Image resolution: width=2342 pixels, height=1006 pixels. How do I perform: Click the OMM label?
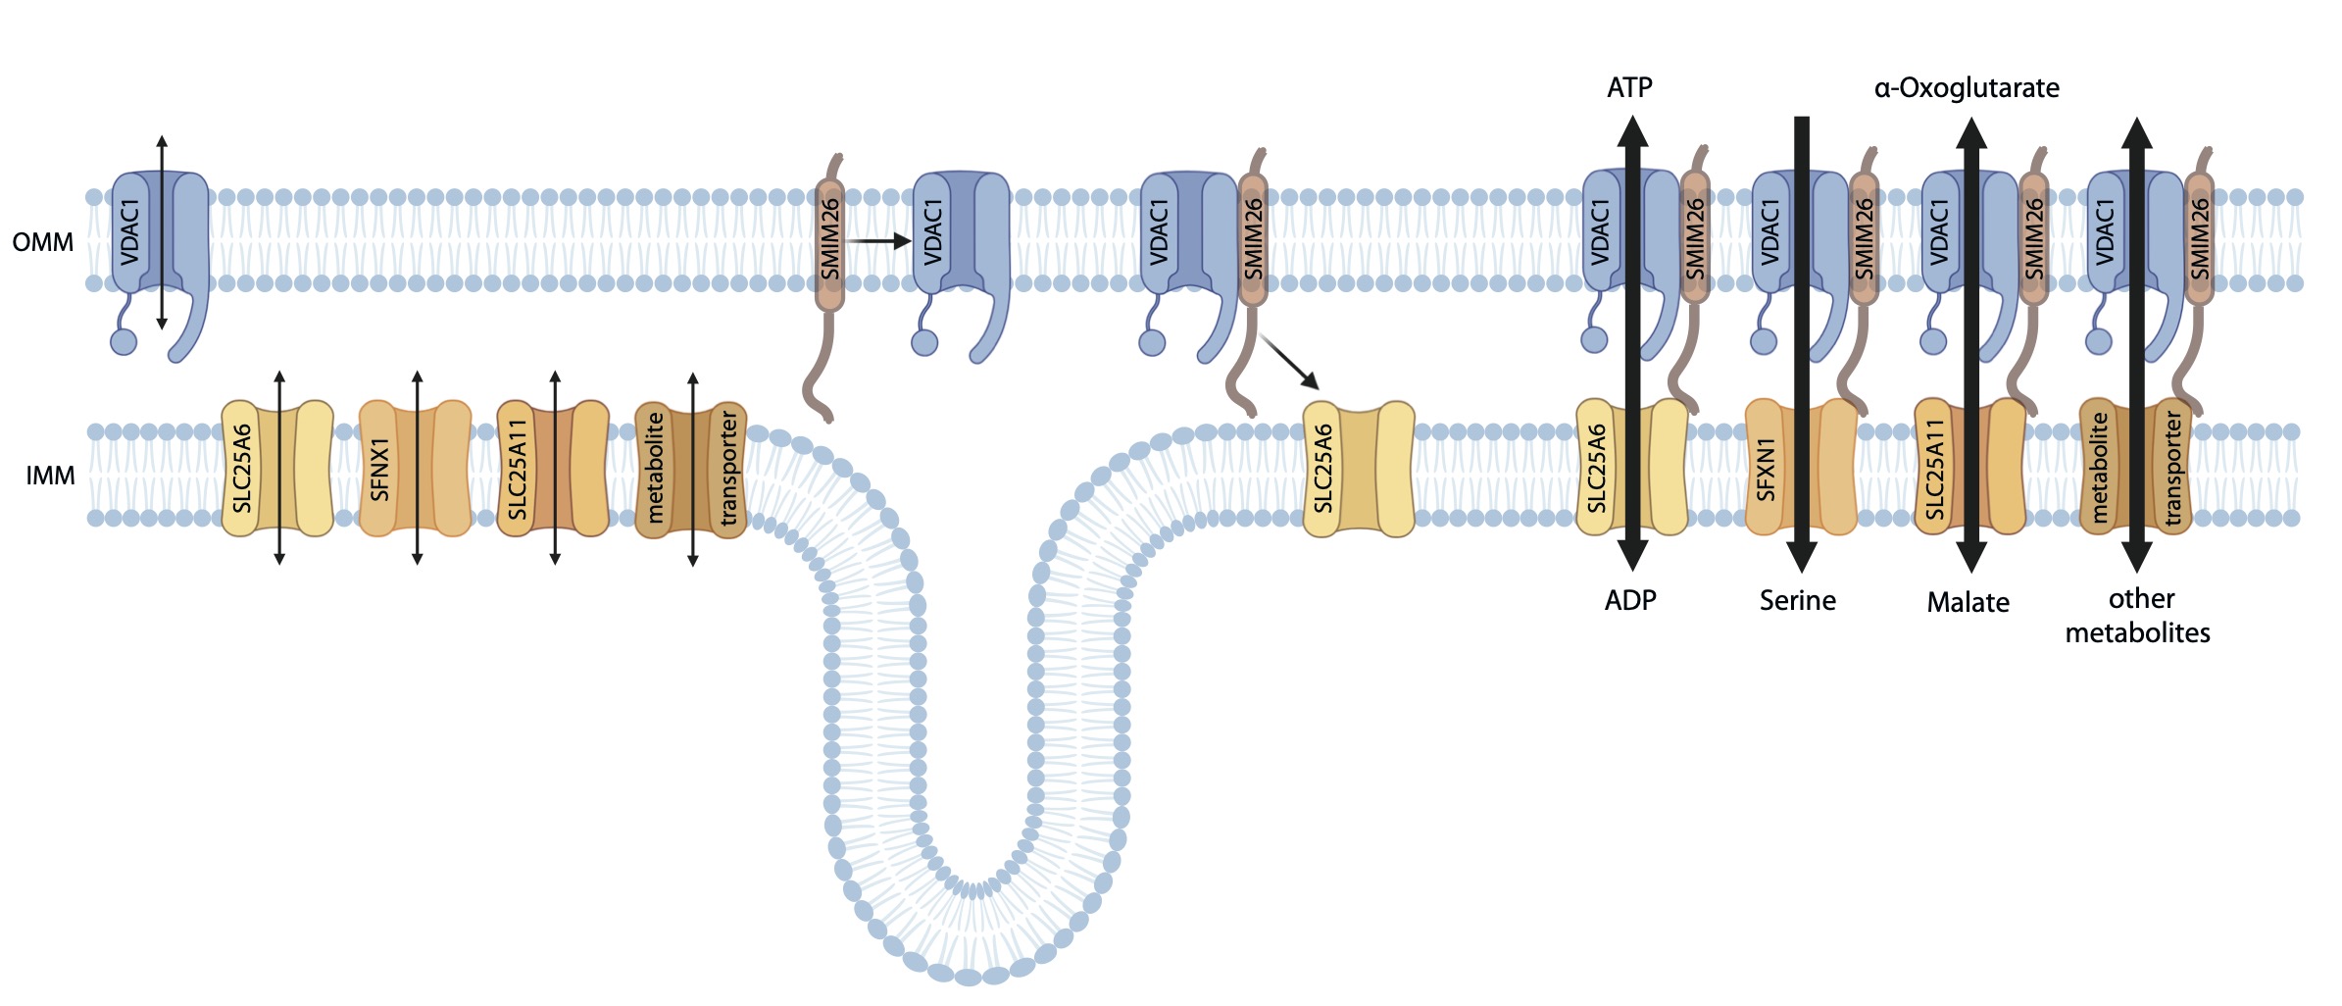click(43, 242)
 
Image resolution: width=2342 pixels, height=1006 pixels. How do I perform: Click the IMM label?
click(50, 477)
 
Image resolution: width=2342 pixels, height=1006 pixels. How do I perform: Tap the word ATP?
click(1629, 88)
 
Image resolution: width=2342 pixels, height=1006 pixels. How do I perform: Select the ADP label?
click(1630, 600)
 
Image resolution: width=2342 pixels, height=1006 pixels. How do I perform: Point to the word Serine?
click(1798, 600)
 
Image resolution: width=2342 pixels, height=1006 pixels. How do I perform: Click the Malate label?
click(1968, 602)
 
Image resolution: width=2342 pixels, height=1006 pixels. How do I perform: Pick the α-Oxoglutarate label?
click(1967, 88)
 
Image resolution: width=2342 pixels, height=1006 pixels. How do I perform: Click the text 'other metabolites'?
click(2138, 616)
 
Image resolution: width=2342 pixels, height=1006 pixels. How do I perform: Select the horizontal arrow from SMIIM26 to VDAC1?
click(878, 240)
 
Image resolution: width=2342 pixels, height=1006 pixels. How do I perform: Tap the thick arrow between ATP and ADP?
click(1632, 343)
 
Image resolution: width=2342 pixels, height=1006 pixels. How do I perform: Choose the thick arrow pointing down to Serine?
click(1802, 344)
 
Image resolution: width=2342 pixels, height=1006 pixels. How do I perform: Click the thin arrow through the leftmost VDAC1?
click(162, 233)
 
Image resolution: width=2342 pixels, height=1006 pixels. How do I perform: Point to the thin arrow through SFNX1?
click(417, 468)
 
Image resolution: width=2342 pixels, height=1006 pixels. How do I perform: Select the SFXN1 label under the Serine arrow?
click(1766, 469)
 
